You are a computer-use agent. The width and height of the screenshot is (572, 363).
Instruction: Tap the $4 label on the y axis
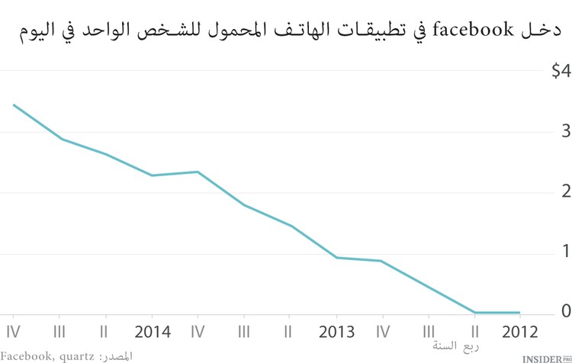tap(561, 71)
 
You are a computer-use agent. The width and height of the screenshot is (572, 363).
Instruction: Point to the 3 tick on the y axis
tap(566, 131)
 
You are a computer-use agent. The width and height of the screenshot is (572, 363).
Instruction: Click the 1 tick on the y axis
tap(566, 251)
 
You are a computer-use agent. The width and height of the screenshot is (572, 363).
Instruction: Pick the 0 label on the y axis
tap(566, 310)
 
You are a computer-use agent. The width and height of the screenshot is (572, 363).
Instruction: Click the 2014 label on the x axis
tap(151, 332)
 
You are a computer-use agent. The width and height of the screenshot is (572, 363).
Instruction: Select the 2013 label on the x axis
tap(336, 332)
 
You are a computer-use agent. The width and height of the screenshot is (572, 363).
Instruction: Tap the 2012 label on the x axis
tap(519, 332)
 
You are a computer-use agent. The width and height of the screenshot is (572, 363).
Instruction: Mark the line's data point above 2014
tap(151, 175)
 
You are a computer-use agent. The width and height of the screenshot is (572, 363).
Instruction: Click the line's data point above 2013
tap(336, 257)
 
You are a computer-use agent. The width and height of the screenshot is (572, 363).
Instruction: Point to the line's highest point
tap(14, 104)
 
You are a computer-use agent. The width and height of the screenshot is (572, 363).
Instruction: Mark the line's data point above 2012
tap(519, 312)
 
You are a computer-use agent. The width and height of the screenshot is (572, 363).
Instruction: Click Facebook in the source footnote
tap(27, 355)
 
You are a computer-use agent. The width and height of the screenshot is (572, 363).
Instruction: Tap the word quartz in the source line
tap(77, 356)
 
